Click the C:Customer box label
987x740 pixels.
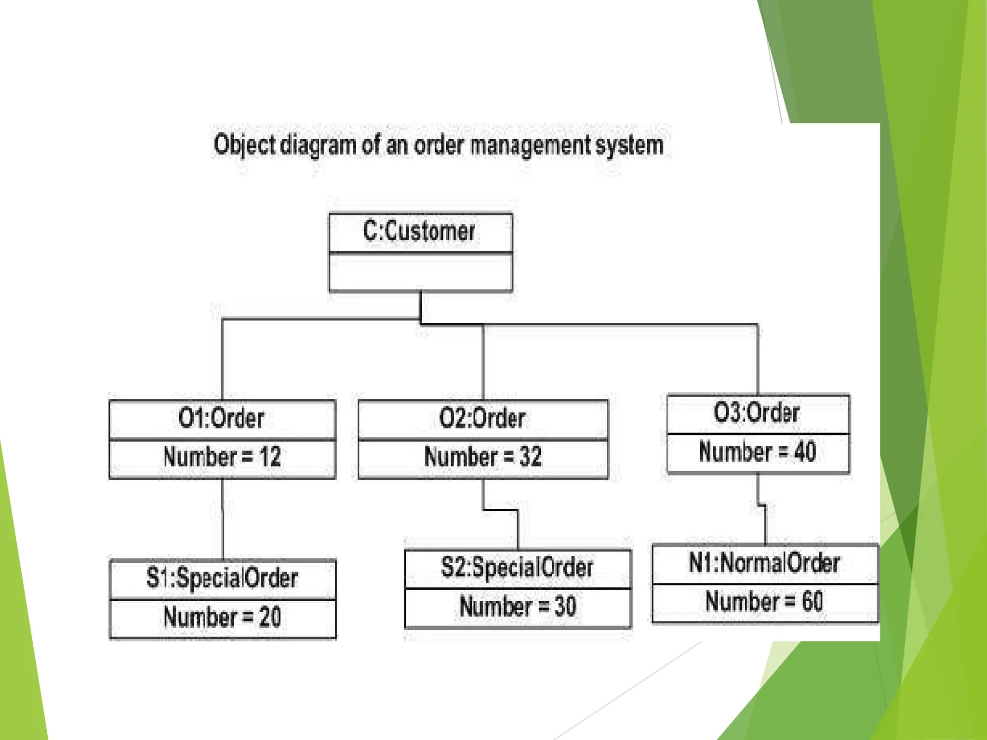point(419,231)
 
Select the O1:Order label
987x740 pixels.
point(222,418)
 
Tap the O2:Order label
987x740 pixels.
point(482,418)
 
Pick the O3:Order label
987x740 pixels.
point(757,413)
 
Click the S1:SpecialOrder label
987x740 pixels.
point(223,578)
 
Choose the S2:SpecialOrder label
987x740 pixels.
point(517,568)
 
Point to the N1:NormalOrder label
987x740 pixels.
point(765,563)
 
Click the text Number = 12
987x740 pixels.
point(222,457)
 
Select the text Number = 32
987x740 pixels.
point(483,457)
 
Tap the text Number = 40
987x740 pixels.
point(758,452)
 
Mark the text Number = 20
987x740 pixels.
point(222,617)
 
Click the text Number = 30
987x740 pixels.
point(518,607)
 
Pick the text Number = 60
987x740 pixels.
point(764,602)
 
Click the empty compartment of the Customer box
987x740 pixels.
point(420,272)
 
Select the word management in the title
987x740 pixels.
point(530,145)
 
